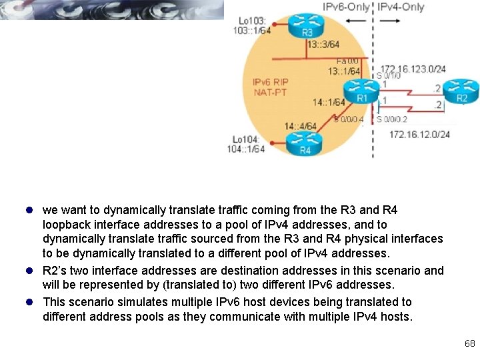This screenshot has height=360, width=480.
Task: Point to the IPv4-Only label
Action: [401, 7]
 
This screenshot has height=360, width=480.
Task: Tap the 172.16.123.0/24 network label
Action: [413, 69]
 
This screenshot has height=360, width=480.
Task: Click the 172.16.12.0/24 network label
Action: [419, 135]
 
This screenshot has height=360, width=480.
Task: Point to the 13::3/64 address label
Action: [323, 45]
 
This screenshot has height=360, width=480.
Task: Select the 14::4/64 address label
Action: [300, 126]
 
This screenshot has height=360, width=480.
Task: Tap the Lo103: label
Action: [251, 21]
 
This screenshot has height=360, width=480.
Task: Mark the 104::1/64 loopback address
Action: [246, 149]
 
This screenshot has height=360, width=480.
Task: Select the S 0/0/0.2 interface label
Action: [391, 119]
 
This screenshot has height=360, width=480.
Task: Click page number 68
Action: [469, 344]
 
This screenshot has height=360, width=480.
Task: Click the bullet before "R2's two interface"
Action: [33, 271]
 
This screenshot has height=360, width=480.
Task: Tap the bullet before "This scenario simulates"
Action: [33, 302]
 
